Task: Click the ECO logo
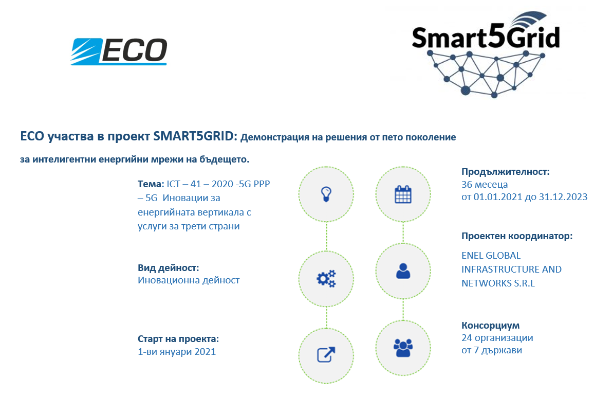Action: click(119, 51)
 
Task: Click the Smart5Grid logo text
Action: click(486, 38)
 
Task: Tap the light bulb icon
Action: click(326, 194)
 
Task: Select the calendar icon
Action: click(403, 194)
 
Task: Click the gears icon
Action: click(326, 279)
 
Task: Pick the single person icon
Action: click(403, 271)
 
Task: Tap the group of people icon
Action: click(403, 348)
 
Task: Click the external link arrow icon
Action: click(326, 355)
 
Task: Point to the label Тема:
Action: click(151, 184)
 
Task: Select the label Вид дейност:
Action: click(168, 267)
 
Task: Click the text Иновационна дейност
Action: click(189, 280)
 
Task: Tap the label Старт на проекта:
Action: click(178, 339)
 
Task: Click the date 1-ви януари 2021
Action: click(177, 352)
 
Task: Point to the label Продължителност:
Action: click(505, 172)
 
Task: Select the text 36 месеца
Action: click(485, 185)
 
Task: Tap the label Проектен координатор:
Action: click(517, 236)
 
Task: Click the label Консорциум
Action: click(490, 325)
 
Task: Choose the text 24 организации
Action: click(497, 338)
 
